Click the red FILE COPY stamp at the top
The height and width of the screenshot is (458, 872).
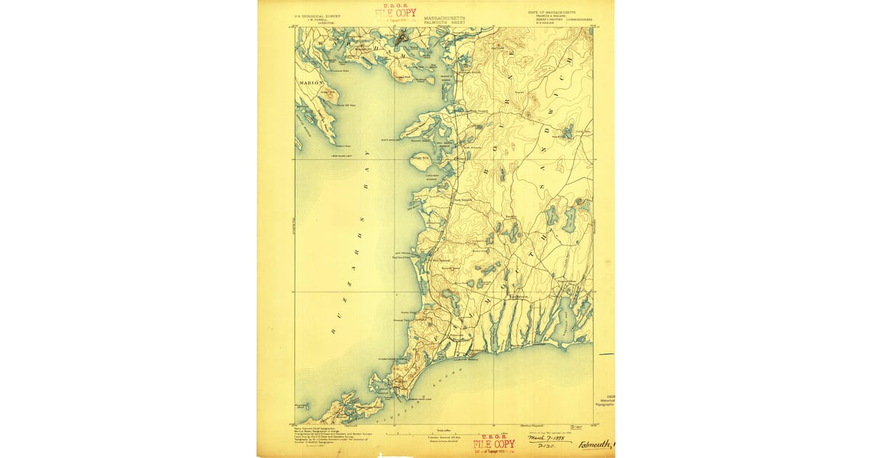coord(396,13)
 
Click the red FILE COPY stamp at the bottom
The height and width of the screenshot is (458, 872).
coord(493,444)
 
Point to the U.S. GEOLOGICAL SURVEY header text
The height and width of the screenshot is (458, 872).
coord(317,14)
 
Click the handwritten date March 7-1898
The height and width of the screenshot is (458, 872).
coord(549,438)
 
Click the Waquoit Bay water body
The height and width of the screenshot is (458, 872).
coord(565,320)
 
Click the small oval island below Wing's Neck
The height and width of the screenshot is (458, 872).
coord(421,163)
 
